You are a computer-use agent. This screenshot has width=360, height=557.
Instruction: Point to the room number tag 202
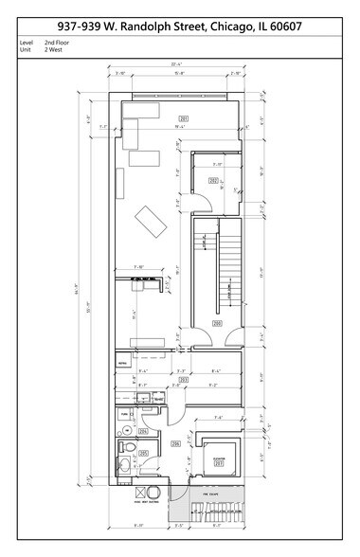213,179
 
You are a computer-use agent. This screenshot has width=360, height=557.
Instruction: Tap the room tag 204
143,432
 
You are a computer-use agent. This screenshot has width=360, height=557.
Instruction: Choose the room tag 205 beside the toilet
143,454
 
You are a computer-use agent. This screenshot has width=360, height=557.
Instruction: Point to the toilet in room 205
124,446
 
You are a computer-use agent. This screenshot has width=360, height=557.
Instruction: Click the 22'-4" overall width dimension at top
176,63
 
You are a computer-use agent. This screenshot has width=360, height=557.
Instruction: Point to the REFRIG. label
122,363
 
